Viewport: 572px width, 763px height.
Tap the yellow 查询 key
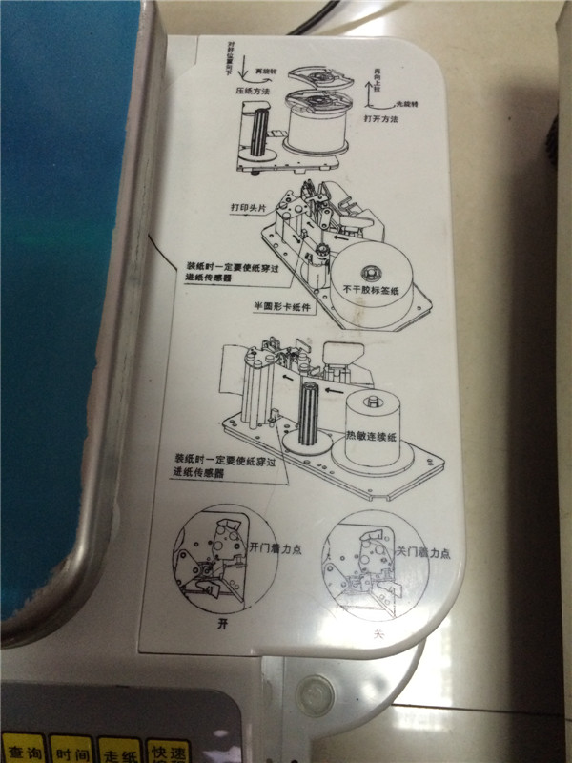click(21, 749)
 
